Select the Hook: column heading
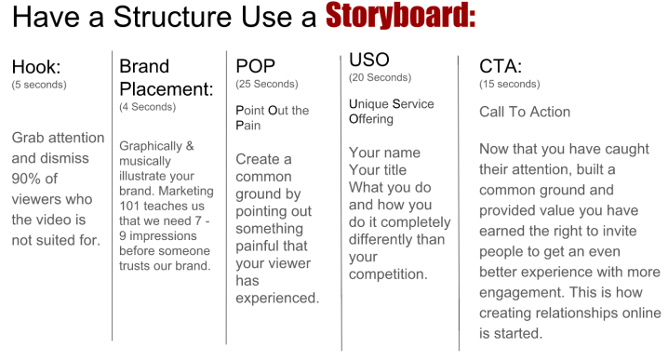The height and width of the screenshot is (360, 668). click(35, 67)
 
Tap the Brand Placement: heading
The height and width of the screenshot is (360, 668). click(166, 78)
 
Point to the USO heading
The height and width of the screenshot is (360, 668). click(369, 60)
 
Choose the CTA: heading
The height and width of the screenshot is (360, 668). click(501, 66)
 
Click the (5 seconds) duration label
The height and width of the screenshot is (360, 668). click(39, 85)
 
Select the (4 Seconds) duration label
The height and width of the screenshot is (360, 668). click(147, 107)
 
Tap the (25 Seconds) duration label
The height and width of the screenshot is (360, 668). click(267, 84)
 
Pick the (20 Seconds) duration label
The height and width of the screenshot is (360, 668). click(380, 77)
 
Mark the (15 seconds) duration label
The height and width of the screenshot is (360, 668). click(509, 84)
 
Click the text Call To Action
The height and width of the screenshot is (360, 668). click(525, 112)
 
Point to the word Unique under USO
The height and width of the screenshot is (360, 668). click(368, 104)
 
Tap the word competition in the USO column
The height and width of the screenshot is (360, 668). click(387, 274)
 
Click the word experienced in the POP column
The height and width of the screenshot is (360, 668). click(277, 299)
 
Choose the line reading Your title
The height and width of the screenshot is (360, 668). click(378, 170)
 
